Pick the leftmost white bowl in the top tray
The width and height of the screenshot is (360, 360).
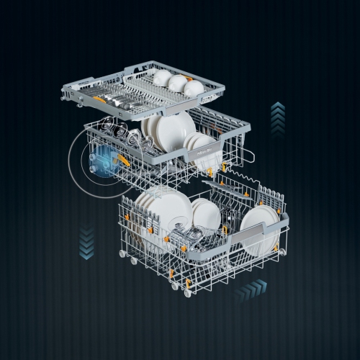(162, 77)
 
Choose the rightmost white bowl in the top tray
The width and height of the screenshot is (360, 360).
(194, 88)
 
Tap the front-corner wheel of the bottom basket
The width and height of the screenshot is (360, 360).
(187, 293)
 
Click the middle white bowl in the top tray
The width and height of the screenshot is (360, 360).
(178, 82)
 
